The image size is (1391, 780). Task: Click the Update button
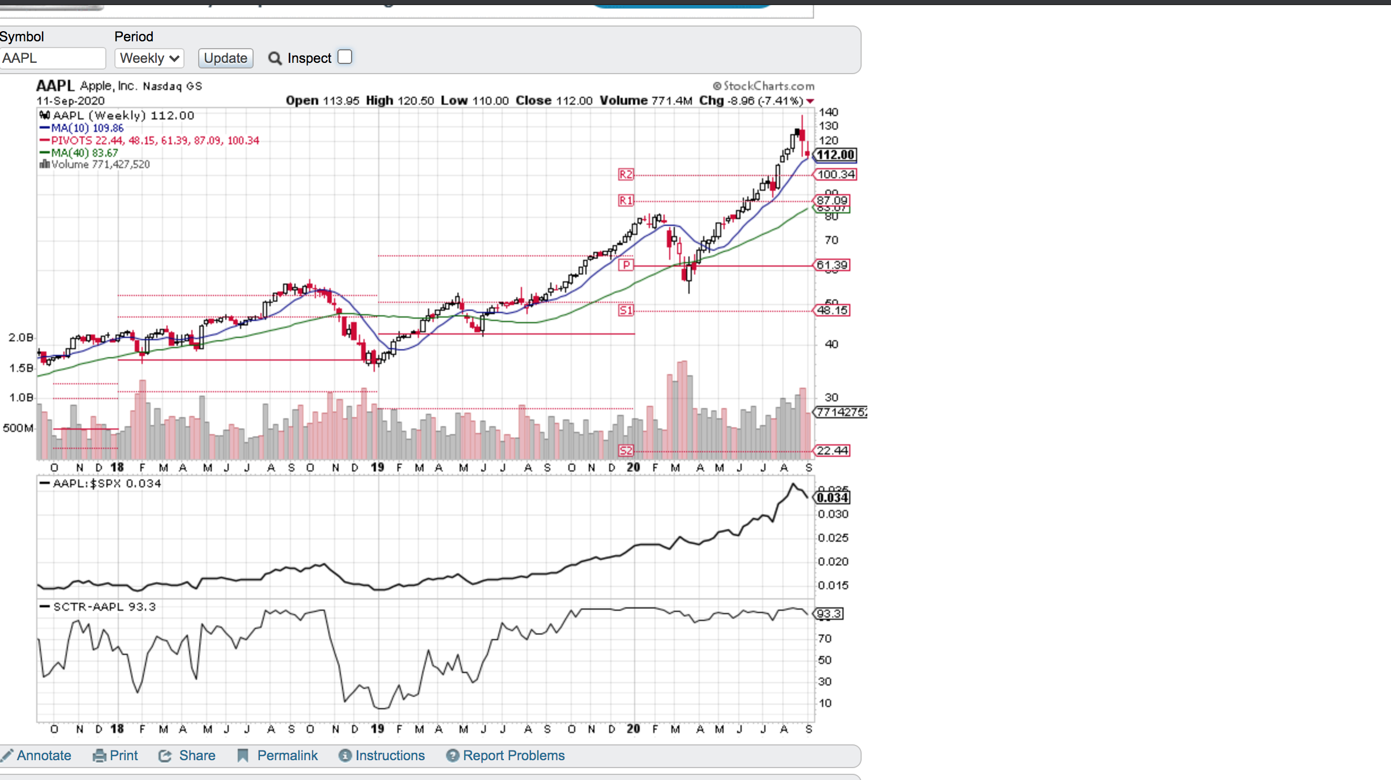point(225,58)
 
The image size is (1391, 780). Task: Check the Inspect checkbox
point(345,57)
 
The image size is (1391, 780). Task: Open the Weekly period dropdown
point(149,58)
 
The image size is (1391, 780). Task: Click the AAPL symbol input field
point(52,58)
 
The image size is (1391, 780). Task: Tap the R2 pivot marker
point(626,174)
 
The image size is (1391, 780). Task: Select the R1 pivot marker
point(626,200)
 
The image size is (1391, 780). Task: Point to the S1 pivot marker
point(626,310)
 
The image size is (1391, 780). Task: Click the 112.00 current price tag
point(835,155)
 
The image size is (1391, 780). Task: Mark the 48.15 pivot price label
point(832,310)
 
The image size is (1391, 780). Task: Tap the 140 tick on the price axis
point(828,112)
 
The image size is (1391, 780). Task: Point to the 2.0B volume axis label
point(21,337)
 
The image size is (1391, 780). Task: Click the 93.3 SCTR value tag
point(829,614)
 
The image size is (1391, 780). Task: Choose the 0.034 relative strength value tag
point(832,498)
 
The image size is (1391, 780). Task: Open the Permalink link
point(287,756)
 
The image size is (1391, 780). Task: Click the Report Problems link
point(513,756)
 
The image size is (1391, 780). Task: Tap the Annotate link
point(44,756)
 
